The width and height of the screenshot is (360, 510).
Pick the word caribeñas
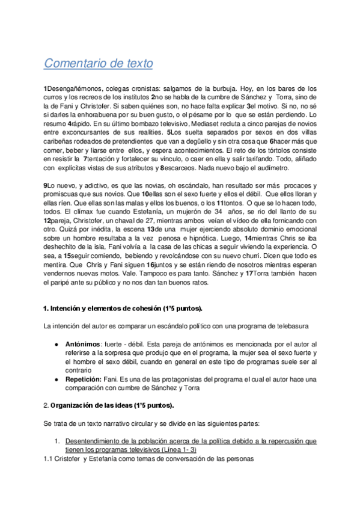click(x=61, y=139)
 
